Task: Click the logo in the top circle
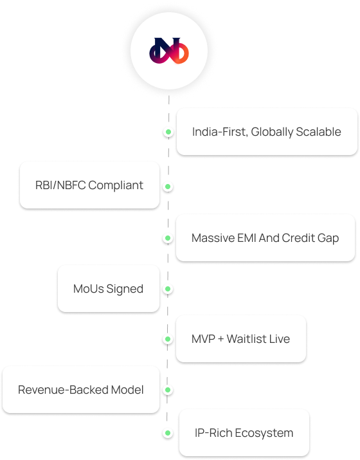click(169, 51)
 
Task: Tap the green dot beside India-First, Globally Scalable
click(168, 132)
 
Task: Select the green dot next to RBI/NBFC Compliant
click(168, 187)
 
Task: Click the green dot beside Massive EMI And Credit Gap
click(168, 238)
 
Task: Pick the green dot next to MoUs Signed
click(168, 289)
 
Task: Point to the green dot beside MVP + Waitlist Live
click(168, 339)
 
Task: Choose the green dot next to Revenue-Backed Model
click(168, 390)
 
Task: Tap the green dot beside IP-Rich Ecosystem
click(168, 433)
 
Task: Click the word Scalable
click(318, 132)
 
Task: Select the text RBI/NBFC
click(60, 185)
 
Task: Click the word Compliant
click(116, 186)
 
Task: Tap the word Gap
click(328, 239)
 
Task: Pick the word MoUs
click(89, 289)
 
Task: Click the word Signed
click(125, 290)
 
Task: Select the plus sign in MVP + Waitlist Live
click(221, 340)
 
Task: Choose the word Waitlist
click(247, 339)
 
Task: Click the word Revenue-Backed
click(64, 390)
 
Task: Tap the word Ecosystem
click(264, 434)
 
